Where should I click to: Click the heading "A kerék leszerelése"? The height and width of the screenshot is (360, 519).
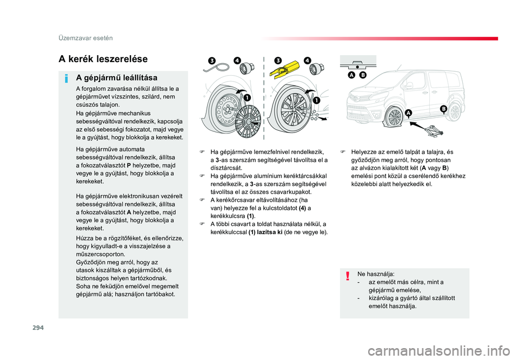pyautogui.click(x=103, y=59)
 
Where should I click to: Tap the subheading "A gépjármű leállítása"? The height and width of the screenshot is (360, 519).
pyautogui.click(x=117, y=78)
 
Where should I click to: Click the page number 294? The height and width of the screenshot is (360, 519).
pyautogui.click(x=38, y=328)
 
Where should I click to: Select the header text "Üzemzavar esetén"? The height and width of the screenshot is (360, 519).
pyautogui.click(x=85, y=38)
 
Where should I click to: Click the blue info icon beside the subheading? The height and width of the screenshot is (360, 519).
pyautogui.click(x=66, y=79)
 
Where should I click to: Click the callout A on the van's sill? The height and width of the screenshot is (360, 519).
pyautogui.click(x=409, y=113)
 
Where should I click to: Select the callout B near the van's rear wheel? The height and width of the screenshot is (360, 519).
pyautogui.click(x=443, y=109)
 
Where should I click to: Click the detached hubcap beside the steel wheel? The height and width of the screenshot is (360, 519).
pyautogui.click(x=248, y=122)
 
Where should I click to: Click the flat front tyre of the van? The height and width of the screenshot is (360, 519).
pyautogui.click(x=394, y=117)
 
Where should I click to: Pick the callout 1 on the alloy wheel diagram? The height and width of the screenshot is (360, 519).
pyautogui.click(x=316, y=101)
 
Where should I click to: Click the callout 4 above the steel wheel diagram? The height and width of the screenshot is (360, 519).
pyautogui.click(x=237, y=61)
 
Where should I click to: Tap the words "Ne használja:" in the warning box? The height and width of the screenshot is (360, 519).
pyautogui.click(x=376, y=274)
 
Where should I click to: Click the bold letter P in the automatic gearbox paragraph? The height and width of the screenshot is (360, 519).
pyautogui.click(x=129, y=165)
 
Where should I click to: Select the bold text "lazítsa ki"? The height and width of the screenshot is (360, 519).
pyautogui.click(x=269, y=232)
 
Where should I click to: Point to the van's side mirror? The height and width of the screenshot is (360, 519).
pyautogui.click(x=408, y=85)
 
